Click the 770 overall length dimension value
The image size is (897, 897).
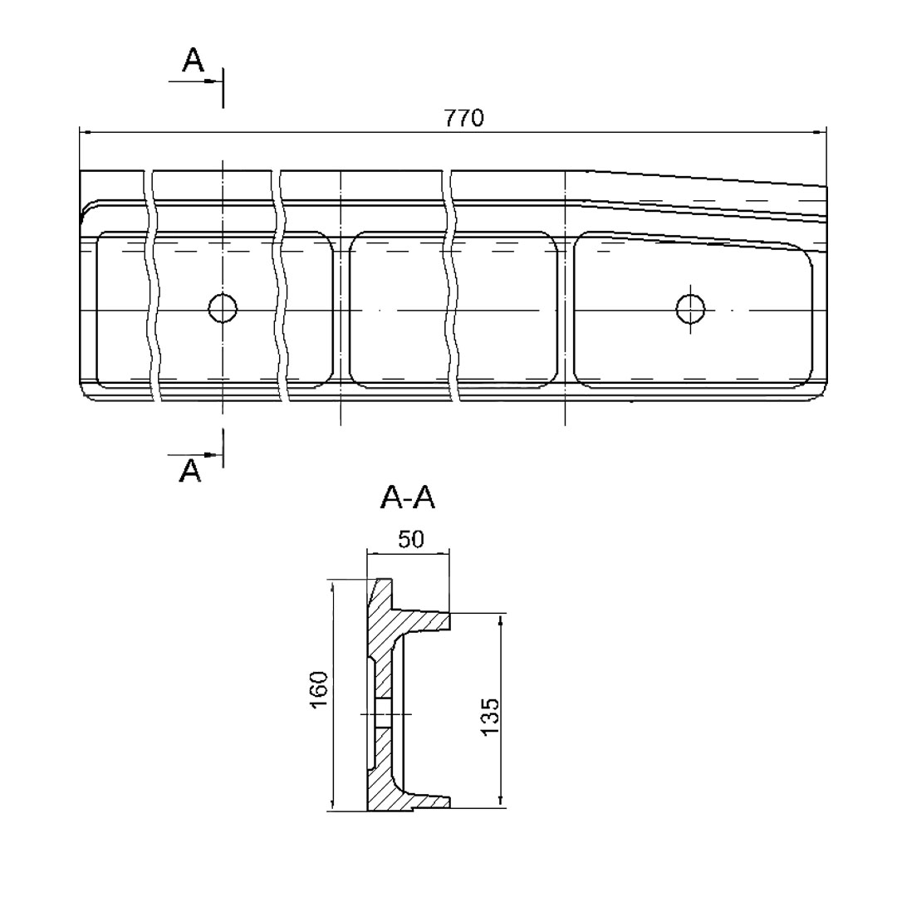464,118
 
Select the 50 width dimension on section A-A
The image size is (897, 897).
411,539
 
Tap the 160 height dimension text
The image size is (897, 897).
319,689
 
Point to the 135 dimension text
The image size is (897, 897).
490,716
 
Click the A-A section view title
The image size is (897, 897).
407,498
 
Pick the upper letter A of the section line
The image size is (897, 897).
193,60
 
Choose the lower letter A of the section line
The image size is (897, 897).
190,471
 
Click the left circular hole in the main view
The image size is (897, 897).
223,308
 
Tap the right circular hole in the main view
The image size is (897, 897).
690,308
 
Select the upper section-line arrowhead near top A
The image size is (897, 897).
213,81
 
